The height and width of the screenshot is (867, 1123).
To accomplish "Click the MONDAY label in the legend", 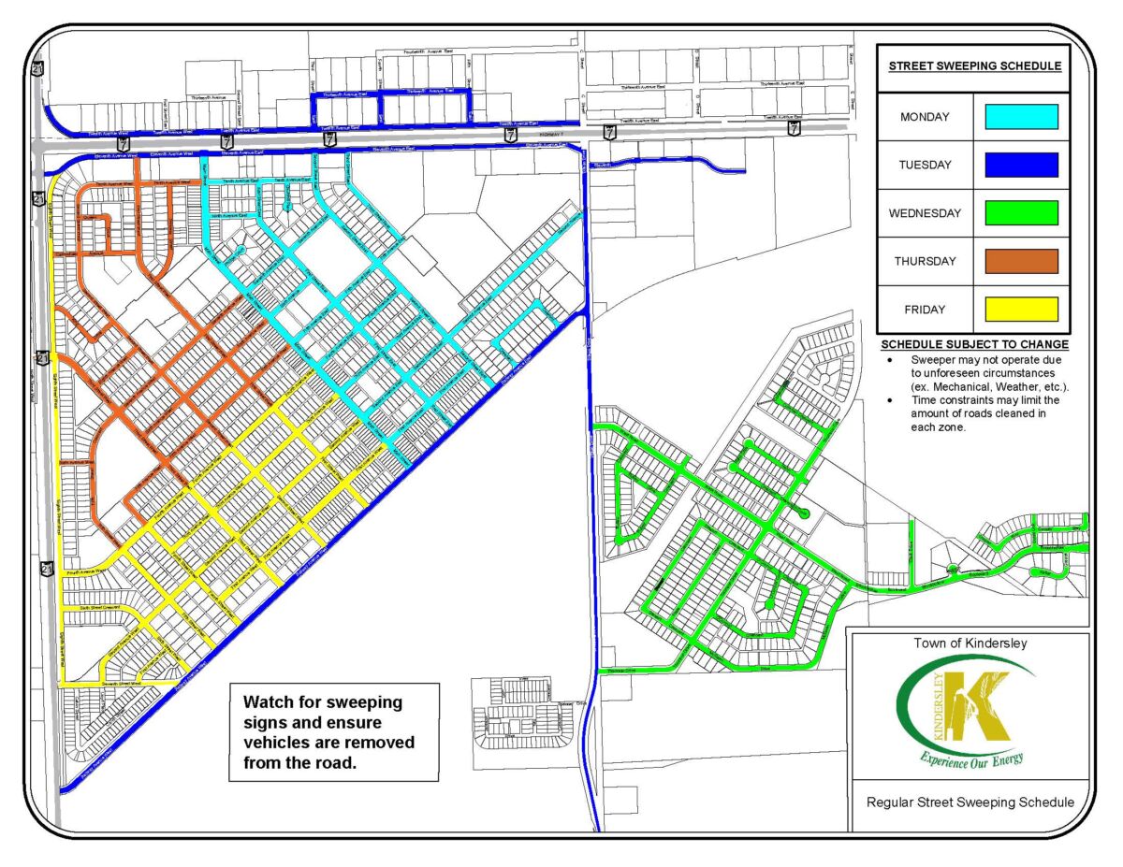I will pos(924,117).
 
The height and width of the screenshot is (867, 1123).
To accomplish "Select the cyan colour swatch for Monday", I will pos(1020,117).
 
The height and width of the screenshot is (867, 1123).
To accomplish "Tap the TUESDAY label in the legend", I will pos(924,165).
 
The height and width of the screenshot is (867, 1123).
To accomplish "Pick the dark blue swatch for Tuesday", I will pos(1020,165).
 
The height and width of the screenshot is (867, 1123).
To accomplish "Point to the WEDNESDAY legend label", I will pos(924,213).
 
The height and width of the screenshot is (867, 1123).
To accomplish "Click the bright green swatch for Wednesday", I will pos(1020,213).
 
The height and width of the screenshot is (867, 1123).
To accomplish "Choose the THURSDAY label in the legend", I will pos(924,261).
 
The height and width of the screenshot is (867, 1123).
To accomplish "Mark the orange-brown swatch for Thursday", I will pos(1020,261).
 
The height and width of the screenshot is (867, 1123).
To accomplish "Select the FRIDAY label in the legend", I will pos(924,310).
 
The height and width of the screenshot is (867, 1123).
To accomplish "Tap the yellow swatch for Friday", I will pos(1020,310).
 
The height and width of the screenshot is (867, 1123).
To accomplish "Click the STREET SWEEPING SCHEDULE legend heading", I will pos(973,66).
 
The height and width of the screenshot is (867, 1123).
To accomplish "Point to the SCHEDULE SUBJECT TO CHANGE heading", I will pos(973,344).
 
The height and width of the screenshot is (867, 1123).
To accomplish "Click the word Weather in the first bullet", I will pos(1032,385).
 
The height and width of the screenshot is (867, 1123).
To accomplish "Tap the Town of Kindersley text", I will pos(968,643).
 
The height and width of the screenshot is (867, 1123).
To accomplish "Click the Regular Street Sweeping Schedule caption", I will pos(970,802).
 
